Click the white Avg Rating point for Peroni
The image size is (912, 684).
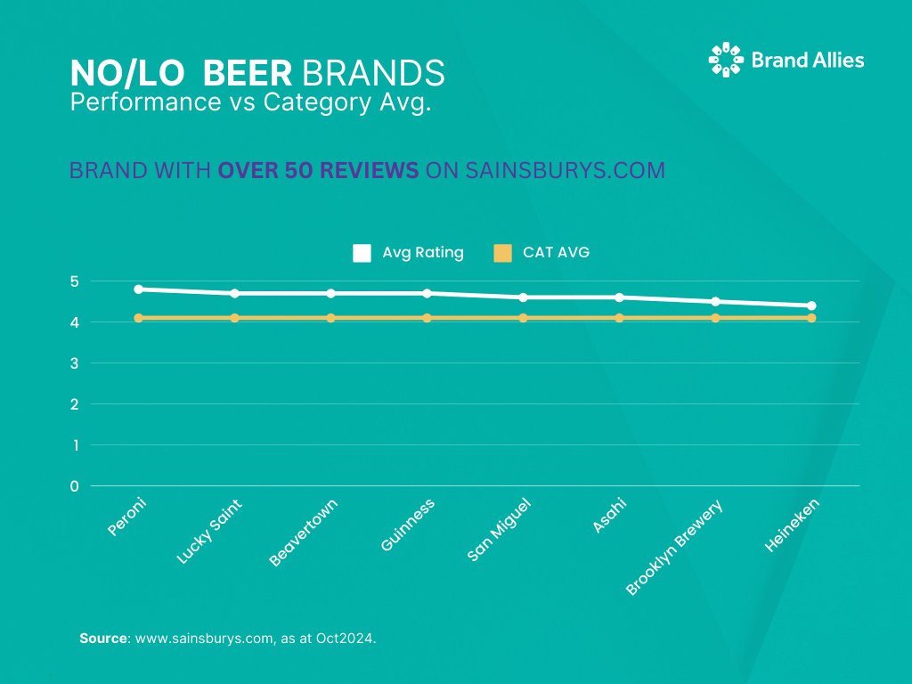pos(138,289)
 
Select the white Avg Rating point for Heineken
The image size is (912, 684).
pos(811,305)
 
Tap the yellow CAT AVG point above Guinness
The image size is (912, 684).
pos(427,318)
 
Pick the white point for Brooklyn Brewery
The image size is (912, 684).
pos(715,302)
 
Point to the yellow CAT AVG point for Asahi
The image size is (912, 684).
pos(619,318)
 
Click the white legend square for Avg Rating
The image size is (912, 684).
pos(362,253)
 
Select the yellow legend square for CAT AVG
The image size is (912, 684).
pos(502,253)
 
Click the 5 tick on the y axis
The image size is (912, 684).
pos(75,281)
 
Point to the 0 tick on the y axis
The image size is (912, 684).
pos(75,486)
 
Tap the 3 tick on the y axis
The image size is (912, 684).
pos(75,363)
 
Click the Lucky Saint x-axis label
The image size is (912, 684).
pos(209,531)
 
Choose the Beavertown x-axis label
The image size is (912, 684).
pos(304,533)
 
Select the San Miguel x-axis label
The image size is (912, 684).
pos(500,530)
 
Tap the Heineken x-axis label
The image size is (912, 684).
pos(791,525)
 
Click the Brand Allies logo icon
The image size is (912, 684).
pos(725,60)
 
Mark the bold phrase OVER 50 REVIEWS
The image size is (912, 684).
pos(318,171)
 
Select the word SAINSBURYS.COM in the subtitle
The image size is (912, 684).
pos(565,171)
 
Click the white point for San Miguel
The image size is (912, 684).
pos(523,297)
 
